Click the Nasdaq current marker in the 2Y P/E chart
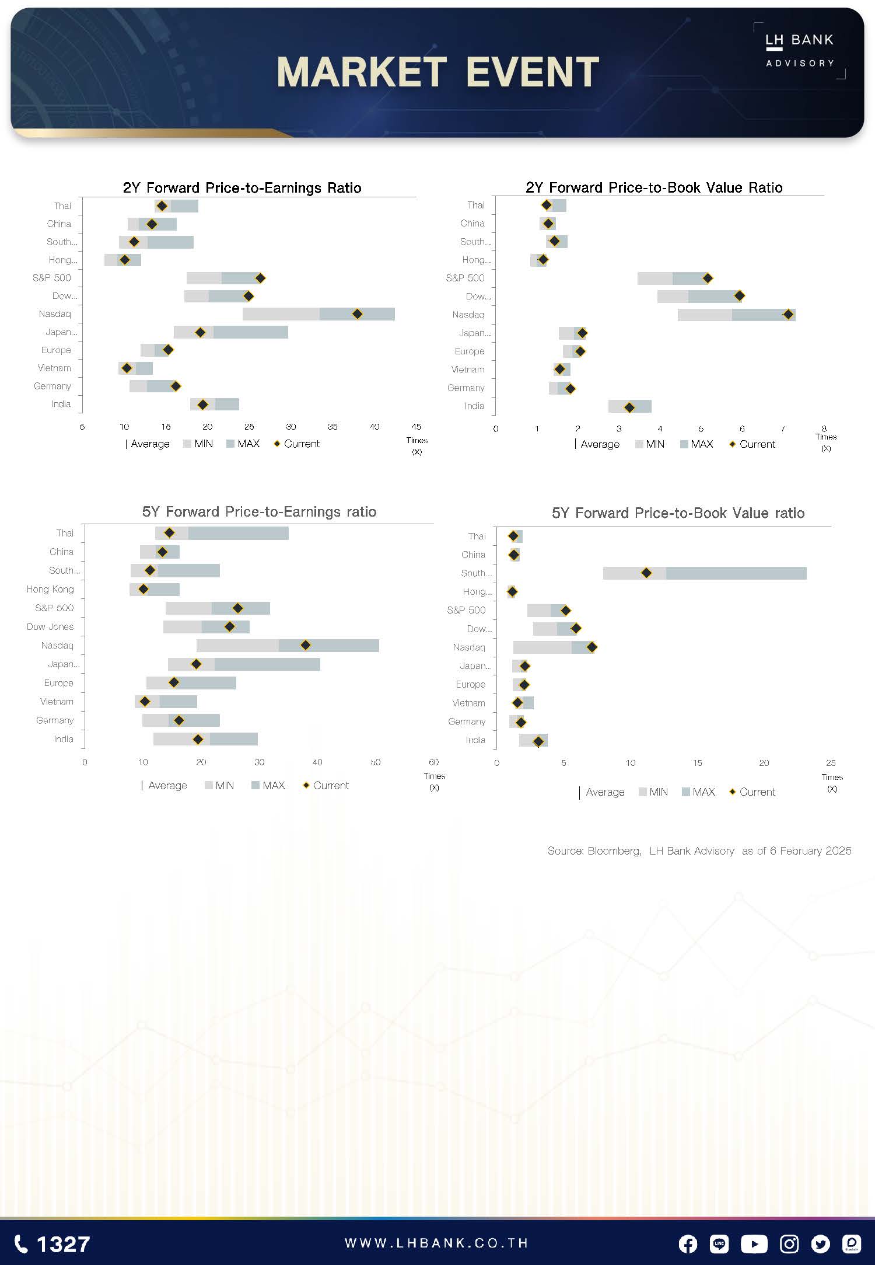(x=358, y=314)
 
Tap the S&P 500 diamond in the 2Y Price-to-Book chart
(x=708, y=278)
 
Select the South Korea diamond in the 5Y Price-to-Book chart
(x=646, y=573)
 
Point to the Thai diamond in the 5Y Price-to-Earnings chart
(x=169, y=533)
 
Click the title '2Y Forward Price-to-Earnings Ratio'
(x=242, y=188)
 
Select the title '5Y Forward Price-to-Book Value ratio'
(x=678, y=513)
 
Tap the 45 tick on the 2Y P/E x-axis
(x=416, y=427)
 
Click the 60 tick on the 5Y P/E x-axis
(x=433, y=762)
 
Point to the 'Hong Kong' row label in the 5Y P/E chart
(x=50, y=590)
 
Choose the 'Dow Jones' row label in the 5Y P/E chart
(x=50, y=627)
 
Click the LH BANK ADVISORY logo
(x=800, y=50)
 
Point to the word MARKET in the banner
(x=362, y=72)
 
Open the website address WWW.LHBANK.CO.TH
(x=437, y=1243)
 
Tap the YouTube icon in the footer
(x=754, y=1244)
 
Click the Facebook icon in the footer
(x=688, y=1244)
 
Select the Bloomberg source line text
(x=699, y=851)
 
